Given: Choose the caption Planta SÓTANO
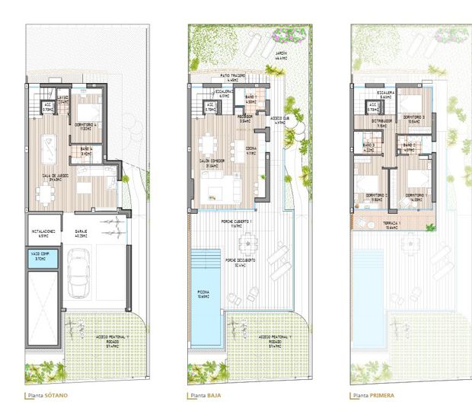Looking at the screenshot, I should click(x=47, y=396).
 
